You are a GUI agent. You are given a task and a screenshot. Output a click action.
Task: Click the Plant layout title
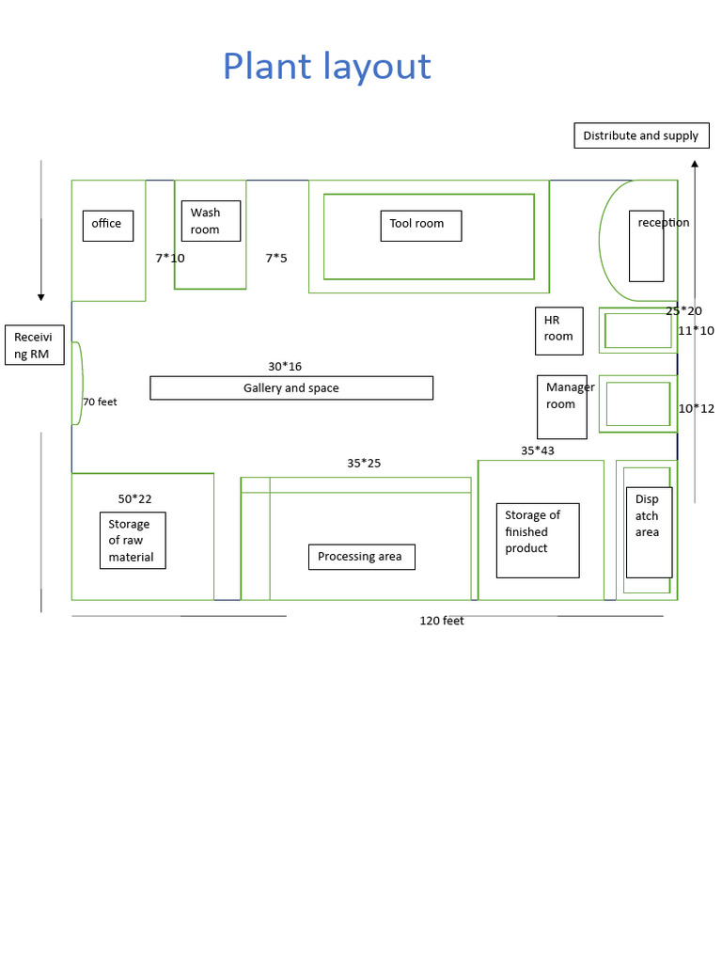(326, 67)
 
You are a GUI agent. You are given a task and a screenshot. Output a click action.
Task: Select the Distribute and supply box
(641, 135)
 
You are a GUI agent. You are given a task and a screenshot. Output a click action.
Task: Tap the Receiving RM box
(35, 345)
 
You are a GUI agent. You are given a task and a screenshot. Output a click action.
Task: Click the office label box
(107, 225)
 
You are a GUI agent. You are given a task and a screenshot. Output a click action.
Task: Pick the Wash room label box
(211, 221)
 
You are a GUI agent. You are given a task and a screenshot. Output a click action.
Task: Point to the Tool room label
(420, 225)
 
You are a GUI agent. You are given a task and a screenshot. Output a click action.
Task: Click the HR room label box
(558, 330)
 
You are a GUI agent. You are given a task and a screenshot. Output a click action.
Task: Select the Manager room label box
(562, 406)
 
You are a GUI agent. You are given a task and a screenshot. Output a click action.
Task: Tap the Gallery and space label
(291, 388)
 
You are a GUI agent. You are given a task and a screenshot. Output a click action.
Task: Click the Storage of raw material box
(133, 541)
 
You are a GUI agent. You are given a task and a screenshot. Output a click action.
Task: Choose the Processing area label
(361, 557)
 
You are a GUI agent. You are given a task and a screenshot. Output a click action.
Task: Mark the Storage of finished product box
(538, 540)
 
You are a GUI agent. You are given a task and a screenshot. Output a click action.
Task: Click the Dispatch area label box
(649, 531)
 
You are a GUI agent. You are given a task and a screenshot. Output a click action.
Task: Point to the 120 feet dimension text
(442, 621)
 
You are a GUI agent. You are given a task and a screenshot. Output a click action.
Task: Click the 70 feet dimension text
(100, 402)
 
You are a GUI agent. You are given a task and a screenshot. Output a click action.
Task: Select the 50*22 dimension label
(134, 498)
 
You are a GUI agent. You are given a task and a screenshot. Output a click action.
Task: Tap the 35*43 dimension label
(538, 450)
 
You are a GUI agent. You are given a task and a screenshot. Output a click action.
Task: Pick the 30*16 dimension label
(285, 367)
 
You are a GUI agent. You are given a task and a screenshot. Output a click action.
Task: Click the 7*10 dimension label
(170, 258)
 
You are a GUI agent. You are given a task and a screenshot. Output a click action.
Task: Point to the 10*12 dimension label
(697, 408)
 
